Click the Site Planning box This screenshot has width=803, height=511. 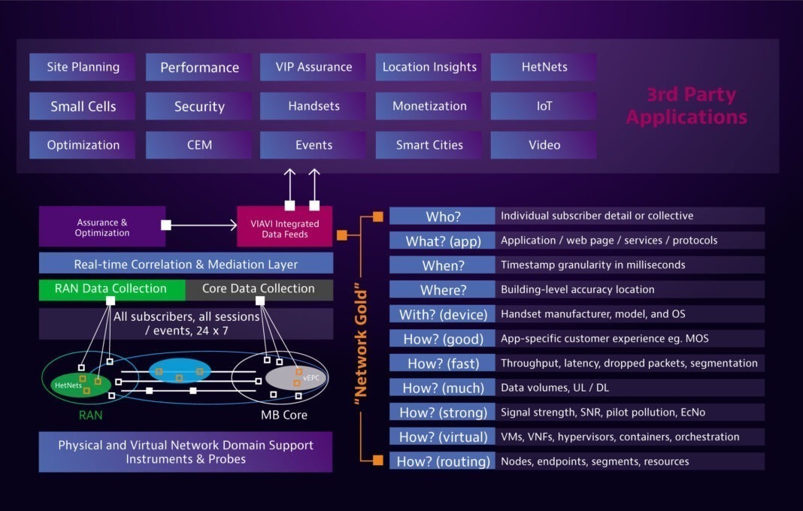pos(83,67)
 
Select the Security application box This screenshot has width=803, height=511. pos(199,106)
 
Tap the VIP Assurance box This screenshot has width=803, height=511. pos(313,67)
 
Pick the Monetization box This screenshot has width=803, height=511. pos(429,106)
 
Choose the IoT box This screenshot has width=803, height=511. pos(544,106)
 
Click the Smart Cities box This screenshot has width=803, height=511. pos(429,145)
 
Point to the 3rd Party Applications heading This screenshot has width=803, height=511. pos(686,106)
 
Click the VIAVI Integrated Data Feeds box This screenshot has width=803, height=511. pos(284,228)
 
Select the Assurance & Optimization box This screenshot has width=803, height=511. pos(102,227)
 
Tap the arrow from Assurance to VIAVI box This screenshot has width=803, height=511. pos(203,225)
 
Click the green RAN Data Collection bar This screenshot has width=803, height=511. pos(111,289)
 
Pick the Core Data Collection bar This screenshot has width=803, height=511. pos(258,289)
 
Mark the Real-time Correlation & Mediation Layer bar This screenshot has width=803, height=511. pos(186,264)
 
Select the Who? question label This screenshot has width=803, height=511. pos(442,216)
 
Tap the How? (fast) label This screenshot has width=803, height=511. pos(442,363)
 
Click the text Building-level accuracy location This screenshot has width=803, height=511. pos(577,289)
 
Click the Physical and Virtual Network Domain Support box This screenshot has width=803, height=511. pos(186,452)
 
